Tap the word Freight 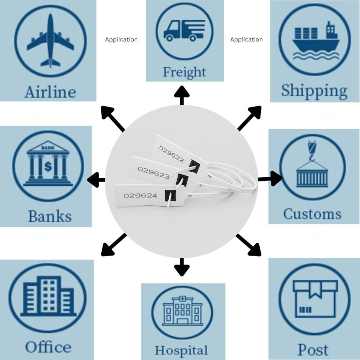pyautogui.click(x=184, y=72)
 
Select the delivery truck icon pyautogui.click(x=184, y=31)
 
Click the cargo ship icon pyautogui.click(x=315, y=42)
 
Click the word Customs pyautogui.click(x=312, y=213)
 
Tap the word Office pyautogui.click(x=48, y=347)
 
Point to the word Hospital pyautogui.click(x=181, y=350)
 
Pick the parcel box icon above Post pyautogui.click(x=315, y=299)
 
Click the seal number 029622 pyautogui.click(x=171, y=158)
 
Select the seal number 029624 pyautogui.click(x=140, y=195)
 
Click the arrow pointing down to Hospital pyautogui.click(x=182, y=267)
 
